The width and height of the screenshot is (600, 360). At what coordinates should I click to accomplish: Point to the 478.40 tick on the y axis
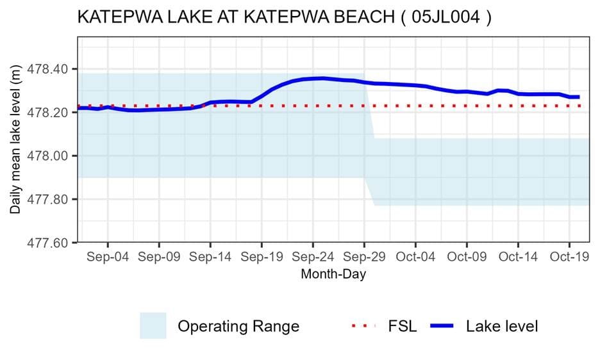[54, 69]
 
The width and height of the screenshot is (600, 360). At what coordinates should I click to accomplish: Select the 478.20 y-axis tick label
[54, 113]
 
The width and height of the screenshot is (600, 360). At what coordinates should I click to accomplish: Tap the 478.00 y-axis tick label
[54, 156]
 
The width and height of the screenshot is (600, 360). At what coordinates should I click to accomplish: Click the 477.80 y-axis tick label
[54, 200]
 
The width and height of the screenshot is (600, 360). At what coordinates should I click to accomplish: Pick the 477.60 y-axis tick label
[54, 243]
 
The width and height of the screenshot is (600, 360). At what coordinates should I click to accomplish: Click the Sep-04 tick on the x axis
[108, 258]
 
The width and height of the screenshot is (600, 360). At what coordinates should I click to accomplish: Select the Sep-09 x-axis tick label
[159, 258]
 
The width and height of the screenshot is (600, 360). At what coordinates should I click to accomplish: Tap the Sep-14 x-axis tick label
[210, 258]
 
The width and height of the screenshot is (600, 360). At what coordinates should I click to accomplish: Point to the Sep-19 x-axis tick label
[262, 258]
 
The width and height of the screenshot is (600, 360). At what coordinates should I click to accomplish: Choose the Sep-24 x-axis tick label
[313, 258]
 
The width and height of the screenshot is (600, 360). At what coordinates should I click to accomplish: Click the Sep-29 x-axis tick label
[364, 258]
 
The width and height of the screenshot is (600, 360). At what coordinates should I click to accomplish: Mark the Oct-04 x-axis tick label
[415, 258]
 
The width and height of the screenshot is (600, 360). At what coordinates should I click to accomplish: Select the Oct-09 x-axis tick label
[467, 258]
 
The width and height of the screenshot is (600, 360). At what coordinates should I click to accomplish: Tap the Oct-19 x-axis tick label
[569, 258]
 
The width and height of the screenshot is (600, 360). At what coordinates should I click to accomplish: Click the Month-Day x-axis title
[333, 274]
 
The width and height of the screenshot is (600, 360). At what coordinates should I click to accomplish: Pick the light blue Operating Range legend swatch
[153, 326]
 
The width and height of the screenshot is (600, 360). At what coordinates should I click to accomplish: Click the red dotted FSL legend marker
[365, 326]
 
